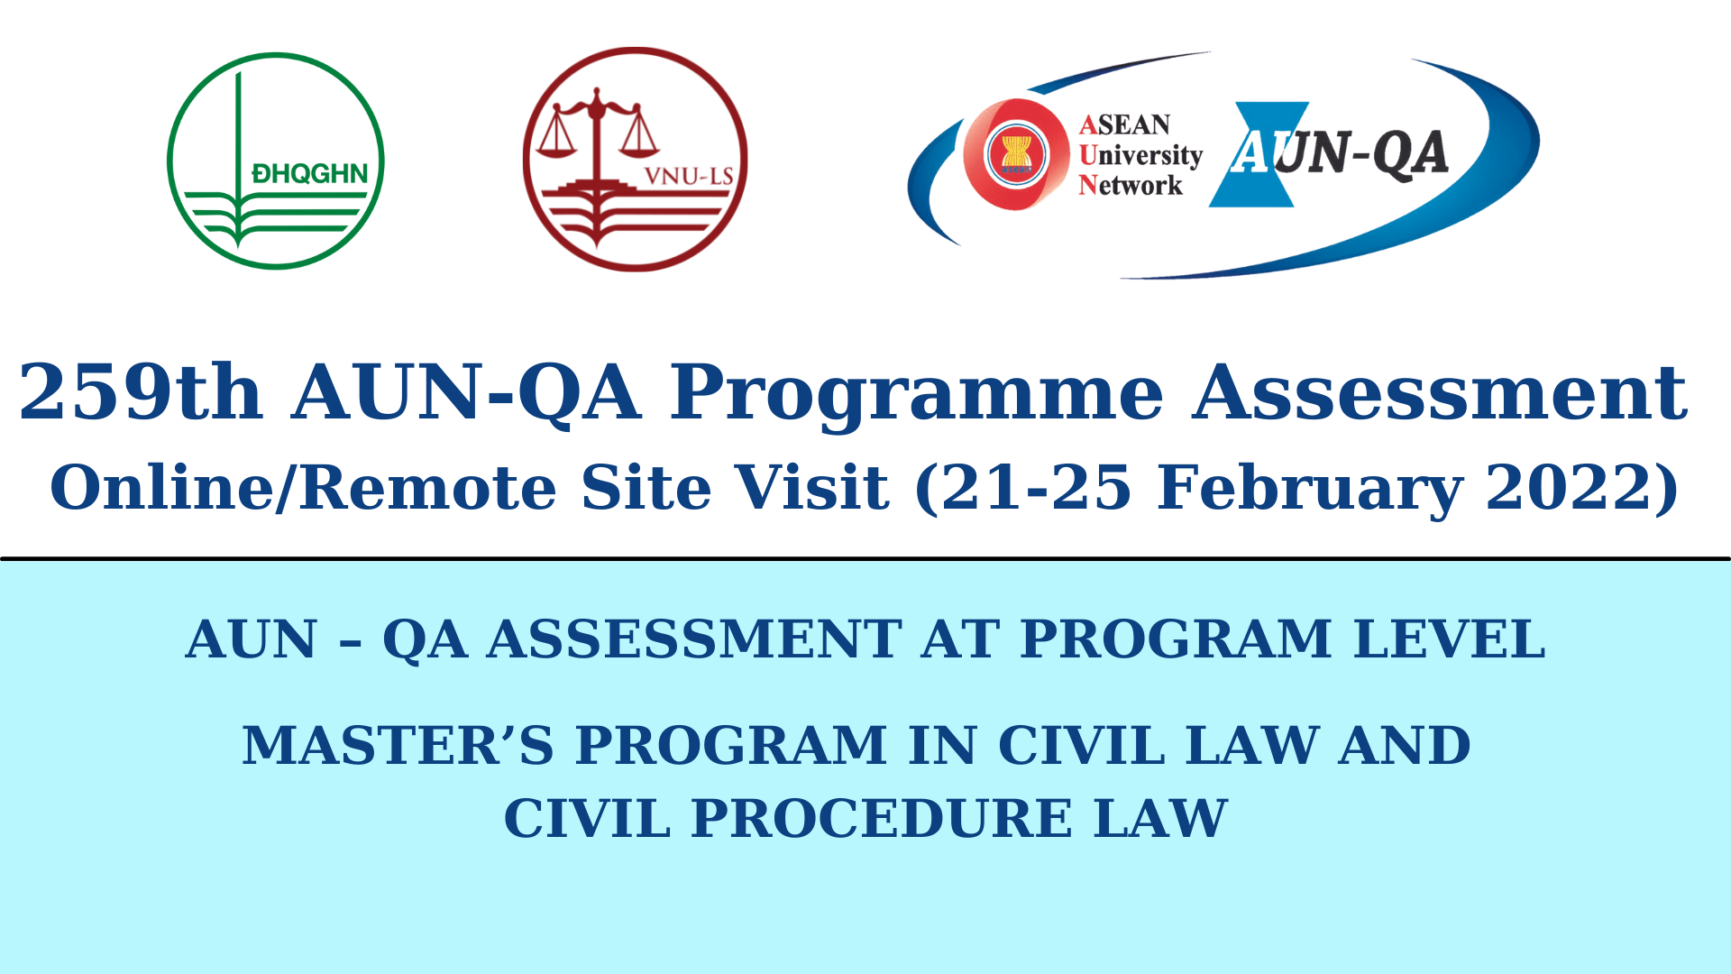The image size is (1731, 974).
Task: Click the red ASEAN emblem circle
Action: tap(1016, 154)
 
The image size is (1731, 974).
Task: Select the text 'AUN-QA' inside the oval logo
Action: tap(1340, 152)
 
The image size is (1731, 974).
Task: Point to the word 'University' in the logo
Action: tap(1140, 155)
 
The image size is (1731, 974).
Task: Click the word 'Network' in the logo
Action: tap(1131, 185)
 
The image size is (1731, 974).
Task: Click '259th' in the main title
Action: tap(141, 392)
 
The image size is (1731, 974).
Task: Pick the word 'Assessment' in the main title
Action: tap(1440, 392)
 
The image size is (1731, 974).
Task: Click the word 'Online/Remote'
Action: tap(303, 488)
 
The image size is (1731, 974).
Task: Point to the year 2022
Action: tap(1573, 487)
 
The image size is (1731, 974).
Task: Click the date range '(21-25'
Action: tap(1023, 489)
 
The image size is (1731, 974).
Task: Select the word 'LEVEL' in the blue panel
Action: tap(1450, 639)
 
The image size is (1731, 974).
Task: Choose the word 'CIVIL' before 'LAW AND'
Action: tap(1081, 746)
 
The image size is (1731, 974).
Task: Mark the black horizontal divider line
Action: tap(865, 558)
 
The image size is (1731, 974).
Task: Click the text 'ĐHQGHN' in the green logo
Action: tap(310, 173)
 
